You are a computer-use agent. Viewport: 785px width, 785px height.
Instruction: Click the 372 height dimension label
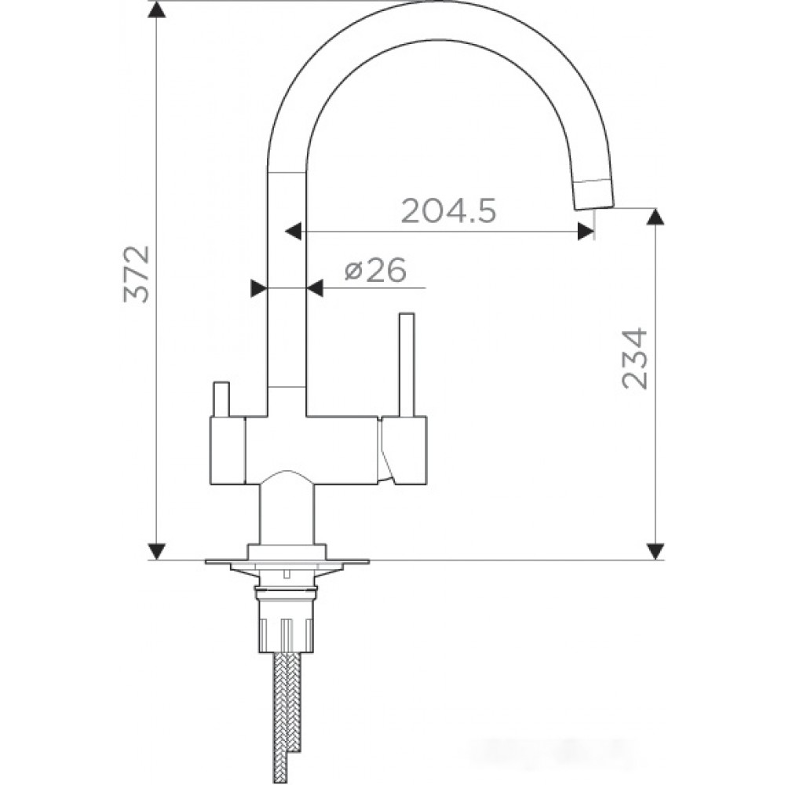point(136,273)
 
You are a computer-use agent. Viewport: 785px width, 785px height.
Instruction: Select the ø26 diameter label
point(375,271)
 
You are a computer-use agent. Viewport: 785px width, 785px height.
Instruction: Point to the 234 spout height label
point(634,359)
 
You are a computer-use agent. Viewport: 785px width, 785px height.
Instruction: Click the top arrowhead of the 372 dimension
point(157,9)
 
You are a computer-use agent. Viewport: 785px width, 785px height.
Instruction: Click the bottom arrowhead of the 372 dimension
point(157,551)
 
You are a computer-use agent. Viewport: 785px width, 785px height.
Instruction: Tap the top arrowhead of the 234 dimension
point(655,217)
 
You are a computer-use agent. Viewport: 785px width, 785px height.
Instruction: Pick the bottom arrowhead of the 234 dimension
point(655,551)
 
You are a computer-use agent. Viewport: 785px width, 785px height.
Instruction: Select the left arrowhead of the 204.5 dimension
point(294,232)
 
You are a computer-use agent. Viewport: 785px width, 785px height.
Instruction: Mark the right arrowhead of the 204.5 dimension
point(586,232)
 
